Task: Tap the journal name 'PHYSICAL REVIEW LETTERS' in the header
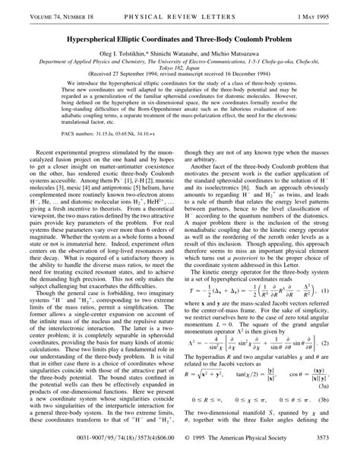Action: point(180,10)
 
